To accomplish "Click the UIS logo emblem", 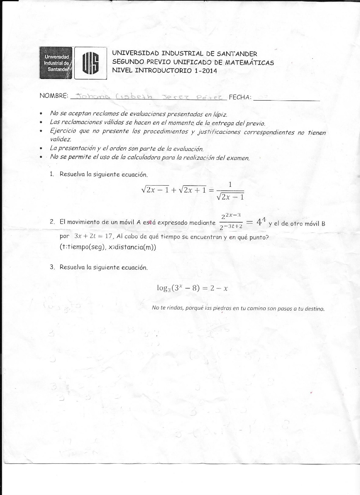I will pyautogui.click(x=90, y=63).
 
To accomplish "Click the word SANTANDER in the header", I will pyautogui.click(x=237, y=54).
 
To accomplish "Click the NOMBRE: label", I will pyautogui.click(x=54, y=96).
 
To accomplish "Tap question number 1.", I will pyautogui.click(x=52, y=174).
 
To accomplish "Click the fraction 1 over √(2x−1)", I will pyautogui.click(x=230, y=191).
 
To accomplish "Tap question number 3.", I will pyautogui.click(x=52, y=267).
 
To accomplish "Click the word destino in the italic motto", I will pyautogui.click(x=314, y=309).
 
